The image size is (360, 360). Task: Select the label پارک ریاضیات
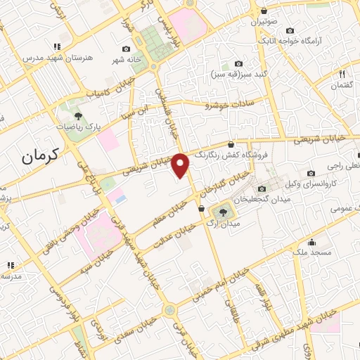click(x=79, y=129)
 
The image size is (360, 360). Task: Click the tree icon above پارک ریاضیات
click(x=78, y=115)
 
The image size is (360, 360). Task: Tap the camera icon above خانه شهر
click(x=126, y=49)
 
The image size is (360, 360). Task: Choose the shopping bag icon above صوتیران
click(x=264, y=11)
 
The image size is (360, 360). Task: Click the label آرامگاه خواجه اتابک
click(x=310, y=41)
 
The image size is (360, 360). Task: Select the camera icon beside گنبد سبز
click(x=238, y=63)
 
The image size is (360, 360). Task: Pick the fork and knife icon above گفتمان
click(x=342, y=73)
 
